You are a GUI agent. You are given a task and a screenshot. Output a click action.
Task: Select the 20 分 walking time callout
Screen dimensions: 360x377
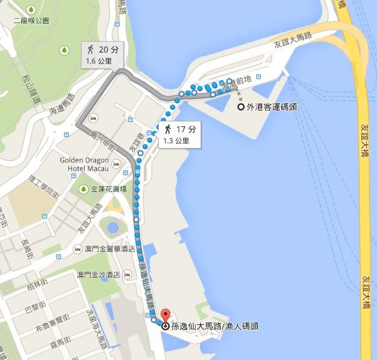pos(102,54)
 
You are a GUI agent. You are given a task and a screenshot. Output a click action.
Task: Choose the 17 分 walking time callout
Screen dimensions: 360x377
pos(179,134)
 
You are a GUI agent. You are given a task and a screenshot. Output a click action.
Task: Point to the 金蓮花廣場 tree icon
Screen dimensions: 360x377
pos(83,189)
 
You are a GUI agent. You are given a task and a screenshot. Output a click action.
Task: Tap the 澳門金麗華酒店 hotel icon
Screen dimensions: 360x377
pos(77,249)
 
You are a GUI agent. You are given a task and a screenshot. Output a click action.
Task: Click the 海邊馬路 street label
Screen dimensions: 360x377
pos(62,104)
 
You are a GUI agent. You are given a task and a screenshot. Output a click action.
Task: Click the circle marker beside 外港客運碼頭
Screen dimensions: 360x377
pos(241,107)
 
